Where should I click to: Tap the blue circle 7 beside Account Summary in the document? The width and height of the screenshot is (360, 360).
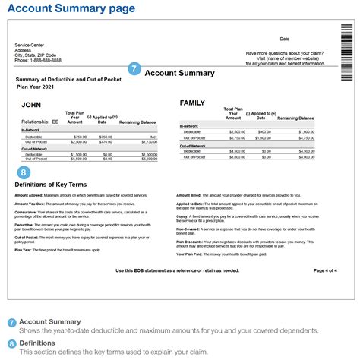pos(134,69)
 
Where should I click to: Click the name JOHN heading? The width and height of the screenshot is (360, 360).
pos(31,104)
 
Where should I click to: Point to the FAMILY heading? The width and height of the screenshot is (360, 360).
pos(194,102)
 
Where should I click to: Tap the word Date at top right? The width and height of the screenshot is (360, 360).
pos(285,39)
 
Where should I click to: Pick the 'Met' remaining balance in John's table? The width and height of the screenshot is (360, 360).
pos(153,136)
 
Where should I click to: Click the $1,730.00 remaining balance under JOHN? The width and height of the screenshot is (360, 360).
pos(148,141)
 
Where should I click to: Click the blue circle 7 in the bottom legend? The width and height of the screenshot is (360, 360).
pos(11,322)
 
